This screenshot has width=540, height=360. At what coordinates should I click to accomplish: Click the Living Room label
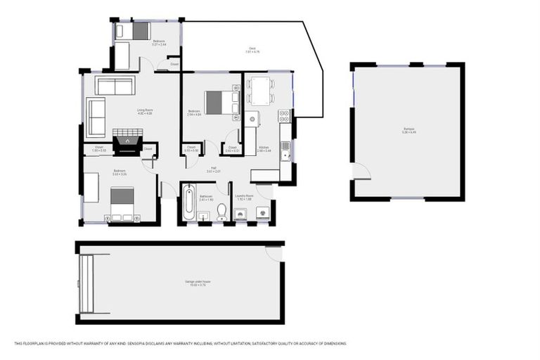tap(145, 110)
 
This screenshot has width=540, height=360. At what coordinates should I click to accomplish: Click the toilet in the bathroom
tap(221, 210)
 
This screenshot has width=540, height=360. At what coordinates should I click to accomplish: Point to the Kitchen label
tap(264, 148)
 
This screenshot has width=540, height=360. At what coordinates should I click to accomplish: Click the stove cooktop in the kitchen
tap(284, 115)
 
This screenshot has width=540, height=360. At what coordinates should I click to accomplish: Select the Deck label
tap(252, 50)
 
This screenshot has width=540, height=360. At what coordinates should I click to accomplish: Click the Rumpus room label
tap(409, 129)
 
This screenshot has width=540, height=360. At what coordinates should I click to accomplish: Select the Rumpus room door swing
tap(361, 171)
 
